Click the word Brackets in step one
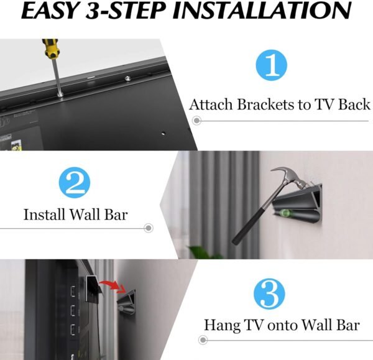(267, 104)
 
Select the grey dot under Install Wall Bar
(148, 229)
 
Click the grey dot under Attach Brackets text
(196, 120)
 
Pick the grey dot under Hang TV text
(203, 340)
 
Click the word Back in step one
(354, 104)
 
